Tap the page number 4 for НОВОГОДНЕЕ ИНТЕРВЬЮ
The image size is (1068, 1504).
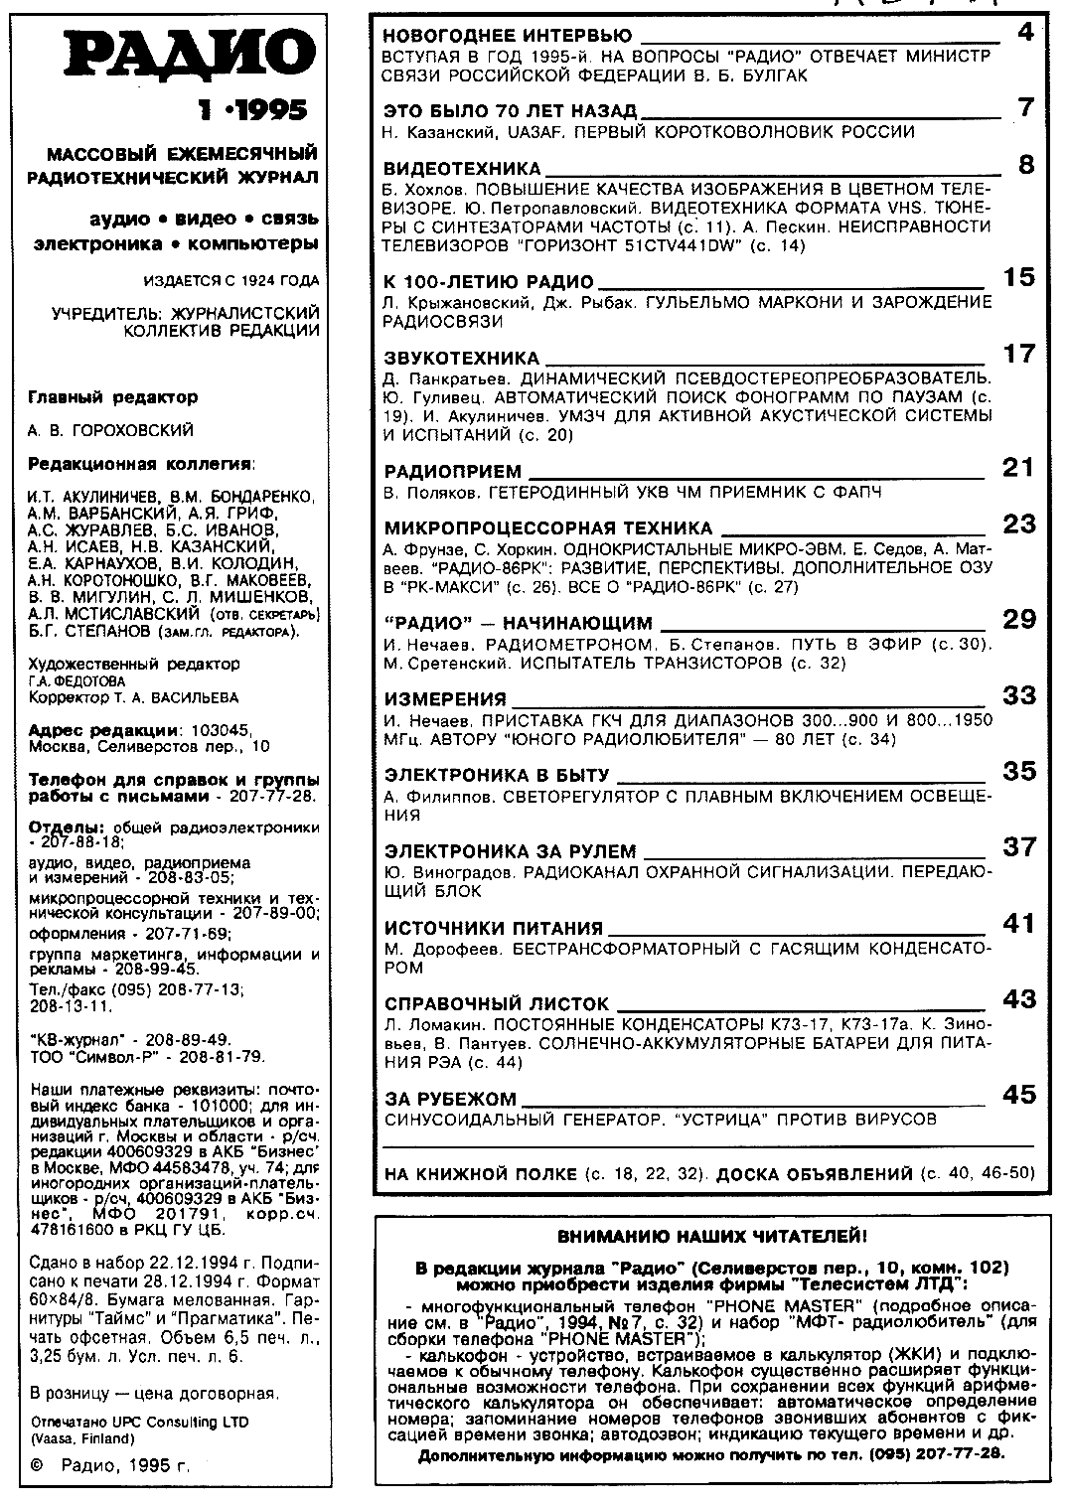click(1025, 34)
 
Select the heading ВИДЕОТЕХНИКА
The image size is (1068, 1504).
click(462, 169)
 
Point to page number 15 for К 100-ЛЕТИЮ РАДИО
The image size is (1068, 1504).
click(1019, 278)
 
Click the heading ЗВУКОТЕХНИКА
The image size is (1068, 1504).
click(461, 358)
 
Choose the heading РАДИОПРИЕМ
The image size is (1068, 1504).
click(452, 472)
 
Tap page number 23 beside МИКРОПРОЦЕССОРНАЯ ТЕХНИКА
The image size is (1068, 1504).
click(1019, 525)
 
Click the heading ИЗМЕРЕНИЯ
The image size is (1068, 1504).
click(445, 699)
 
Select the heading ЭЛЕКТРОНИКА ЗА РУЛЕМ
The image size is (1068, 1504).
click(510, 852)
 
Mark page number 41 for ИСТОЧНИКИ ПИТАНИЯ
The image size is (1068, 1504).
click(1019, 924)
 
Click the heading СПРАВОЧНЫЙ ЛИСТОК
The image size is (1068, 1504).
click(497, 1004)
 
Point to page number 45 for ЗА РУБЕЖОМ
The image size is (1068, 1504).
click(1019, 1095)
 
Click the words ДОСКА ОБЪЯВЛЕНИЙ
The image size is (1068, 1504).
click(814, 1174)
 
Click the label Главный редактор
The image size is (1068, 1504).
click(112, 397)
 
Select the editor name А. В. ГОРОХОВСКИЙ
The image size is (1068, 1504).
click(110, 431)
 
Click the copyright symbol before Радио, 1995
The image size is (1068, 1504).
click(38, 1464)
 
